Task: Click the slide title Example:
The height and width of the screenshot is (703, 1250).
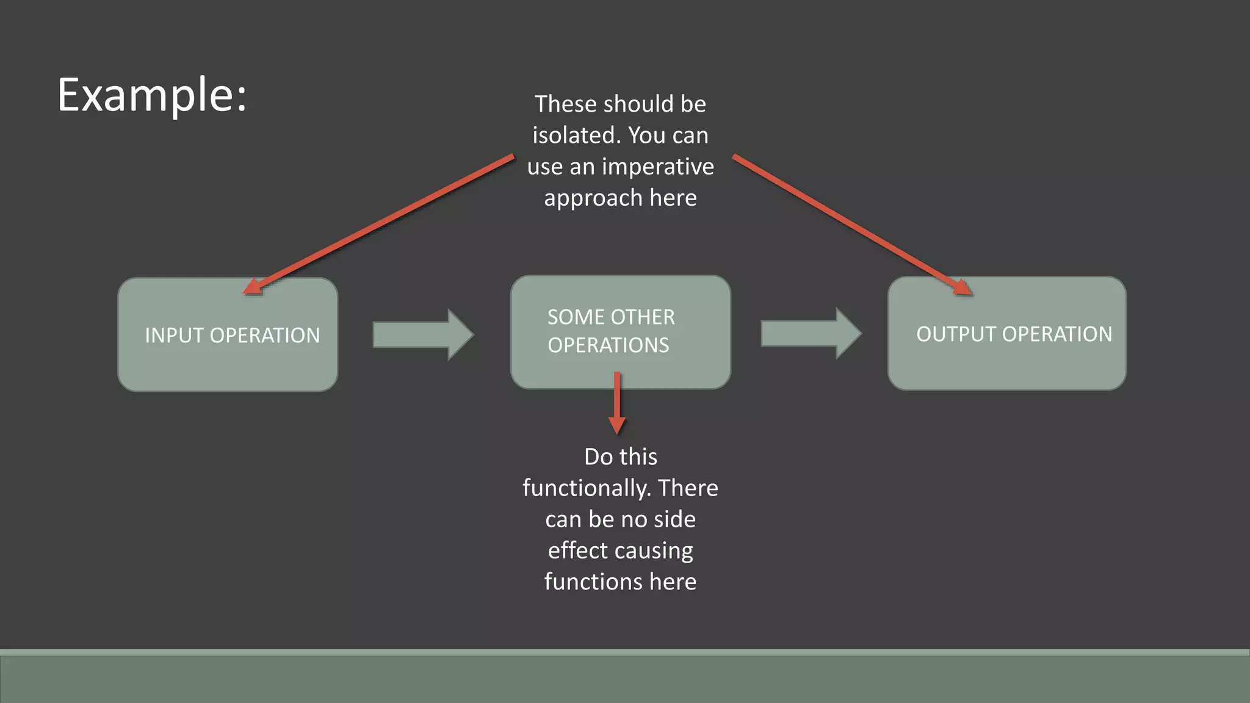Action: pos(152,95)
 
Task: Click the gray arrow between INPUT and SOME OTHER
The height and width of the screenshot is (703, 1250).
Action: pos(422,334)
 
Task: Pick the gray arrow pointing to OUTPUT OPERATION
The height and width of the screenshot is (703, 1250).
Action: pos(811,334)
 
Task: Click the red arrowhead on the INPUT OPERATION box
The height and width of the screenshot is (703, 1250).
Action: pos(252,287)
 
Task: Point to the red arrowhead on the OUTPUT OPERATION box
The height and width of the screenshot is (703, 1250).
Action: pos(963,287)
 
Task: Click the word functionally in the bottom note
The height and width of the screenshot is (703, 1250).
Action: pos(587,488)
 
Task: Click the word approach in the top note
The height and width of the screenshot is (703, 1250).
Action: pos(593,198)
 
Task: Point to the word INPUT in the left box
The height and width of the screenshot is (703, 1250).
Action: pos(175,336)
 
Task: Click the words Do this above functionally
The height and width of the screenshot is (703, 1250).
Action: pos(620,457)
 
